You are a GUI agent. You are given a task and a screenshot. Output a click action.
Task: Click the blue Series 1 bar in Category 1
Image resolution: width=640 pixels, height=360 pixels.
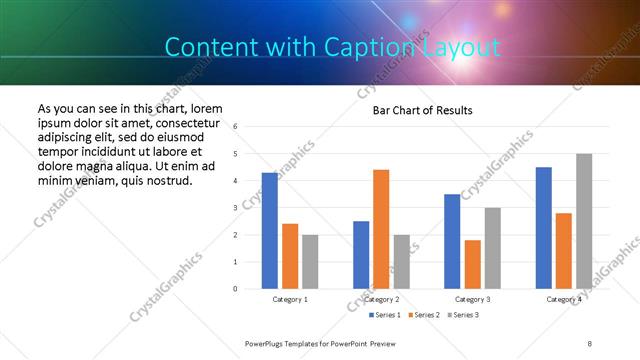(x=270, y=231)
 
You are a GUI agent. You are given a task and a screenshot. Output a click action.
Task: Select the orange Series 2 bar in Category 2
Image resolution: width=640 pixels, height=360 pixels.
(x=381, y=229)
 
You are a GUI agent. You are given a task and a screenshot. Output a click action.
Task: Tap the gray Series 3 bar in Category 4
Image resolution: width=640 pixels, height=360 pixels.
(x=584, y=221)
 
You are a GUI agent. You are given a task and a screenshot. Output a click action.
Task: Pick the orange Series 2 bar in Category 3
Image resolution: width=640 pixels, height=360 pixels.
(x=472, y=264)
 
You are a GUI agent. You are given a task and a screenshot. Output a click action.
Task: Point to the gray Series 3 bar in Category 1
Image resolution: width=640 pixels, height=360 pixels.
(x=310, y=262)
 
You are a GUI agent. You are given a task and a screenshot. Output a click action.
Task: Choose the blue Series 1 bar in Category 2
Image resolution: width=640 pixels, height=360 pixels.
(x=361, y=255)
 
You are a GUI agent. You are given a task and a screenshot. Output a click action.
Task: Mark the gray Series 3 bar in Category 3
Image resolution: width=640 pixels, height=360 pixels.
(x=492, y=248)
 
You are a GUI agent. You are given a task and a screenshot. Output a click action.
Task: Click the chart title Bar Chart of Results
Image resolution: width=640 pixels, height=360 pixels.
(x=422, y=110)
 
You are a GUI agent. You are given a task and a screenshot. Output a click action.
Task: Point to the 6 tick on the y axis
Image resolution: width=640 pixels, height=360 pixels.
(x=235, y=127)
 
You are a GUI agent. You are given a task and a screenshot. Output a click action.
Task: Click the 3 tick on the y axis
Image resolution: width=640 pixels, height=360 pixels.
(x=235, y=208)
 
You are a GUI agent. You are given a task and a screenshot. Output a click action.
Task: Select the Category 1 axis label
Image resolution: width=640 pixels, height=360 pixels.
(x=290, y=299)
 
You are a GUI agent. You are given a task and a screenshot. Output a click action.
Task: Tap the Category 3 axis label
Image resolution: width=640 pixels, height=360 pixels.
(x=472, y=299)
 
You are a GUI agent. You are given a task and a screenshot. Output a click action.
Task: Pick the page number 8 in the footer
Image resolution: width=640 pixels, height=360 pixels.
(x=589, y=343)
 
